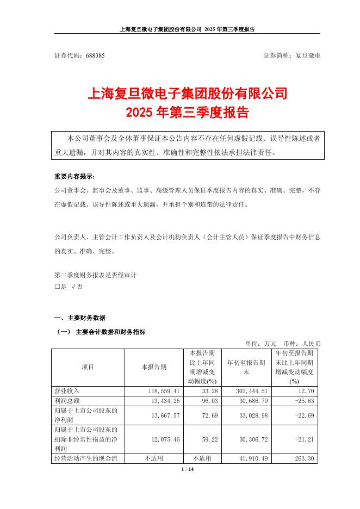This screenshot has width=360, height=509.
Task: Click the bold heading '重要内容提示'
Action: click(x=74, y=177)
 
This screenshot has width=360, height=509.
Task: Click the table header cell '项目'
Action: click(x=88, y=367)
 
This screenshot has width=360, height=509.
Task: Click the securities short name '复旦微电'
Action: click(x=307, y=56)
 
